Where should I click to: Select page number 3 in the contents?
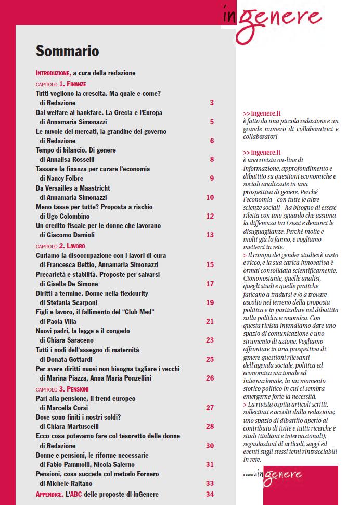pos(212,103)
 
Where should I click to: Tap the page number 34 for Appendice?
pos(210,494)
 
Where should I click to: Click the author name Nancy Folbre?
pos(70,179)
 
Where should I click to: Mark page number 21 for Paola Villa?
pos(210,321)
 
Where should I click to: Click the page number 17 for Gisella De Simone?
pos(210,284)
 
